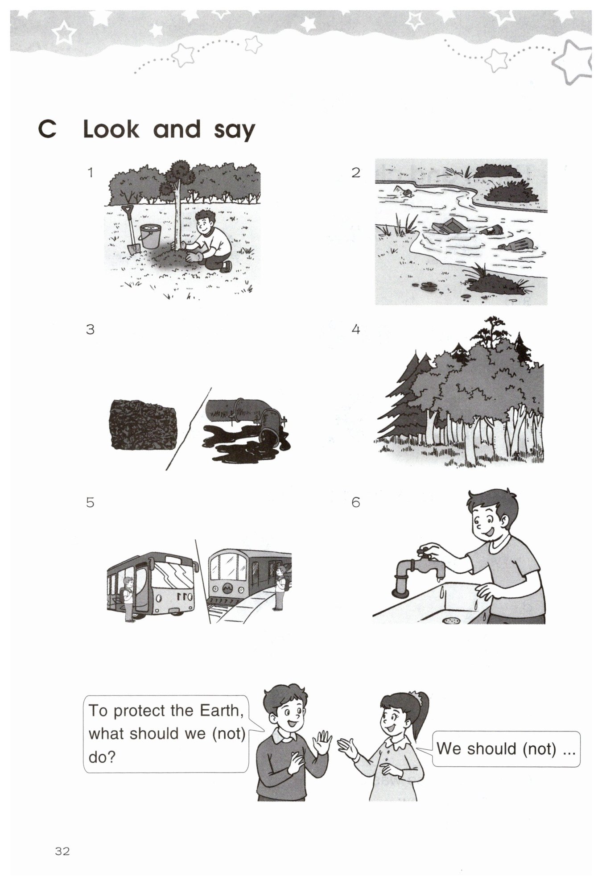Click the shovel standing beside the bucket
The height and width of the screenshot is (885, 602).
130,230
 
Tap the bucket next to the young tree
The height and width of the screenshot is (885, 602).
150,236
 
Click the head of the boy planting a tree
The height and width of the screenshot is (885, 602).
206,222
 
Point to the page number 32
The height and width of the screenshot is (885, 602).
62,851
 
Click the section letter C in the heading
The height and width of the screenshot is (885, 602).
47,129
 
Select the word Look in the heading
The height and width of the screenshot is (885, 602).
111,129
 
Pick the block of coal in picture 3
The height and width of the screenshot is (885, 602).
143,424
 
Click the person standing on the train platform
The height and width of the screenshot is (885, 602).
280,587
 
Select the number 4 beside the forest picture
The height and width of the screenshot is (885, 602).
355,329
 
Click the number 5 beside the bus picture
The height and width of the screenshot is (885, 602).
90,503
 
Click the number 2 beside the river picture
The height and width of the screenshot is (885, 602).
355,173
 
